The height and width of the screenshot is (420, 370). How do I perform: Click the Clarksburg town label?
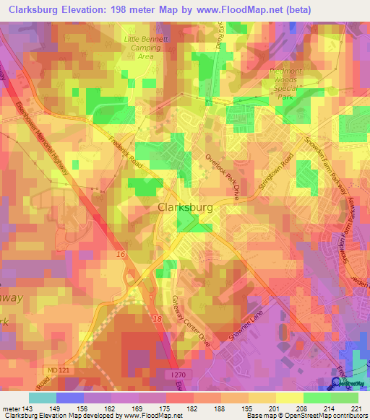coord(185,207)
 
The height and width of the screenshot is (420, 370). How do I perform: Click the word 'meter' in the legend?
coord(11,408)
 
